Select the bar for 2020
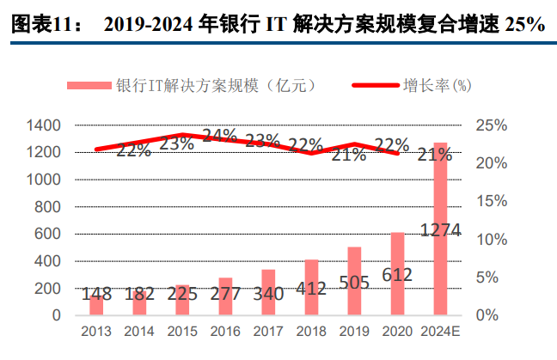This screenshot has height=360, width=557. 397,274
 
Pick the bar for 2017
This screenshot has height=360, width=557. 268,292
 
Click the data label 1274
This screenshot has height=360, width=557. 440,230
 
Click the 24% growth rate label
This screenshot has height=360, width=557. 220,136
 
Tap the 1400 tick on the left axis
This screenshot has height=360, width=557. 44,125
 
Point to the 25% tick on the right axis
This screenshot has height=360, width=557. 490,125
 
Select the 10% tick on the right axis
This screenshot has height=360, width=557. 490,239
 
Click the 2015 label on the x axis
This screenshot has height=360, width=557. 182,331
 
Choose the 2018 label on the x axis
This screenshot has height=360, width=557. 311,331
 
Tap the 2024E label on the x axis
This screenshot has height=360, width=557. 440,331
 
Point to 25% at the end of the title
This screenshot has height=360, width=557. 524,25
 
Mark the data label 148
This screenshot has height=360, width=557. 96,295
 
